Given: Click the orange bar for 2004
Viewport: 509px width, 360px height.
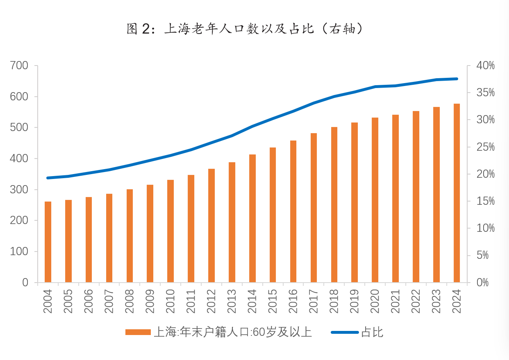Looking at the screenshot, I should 48,242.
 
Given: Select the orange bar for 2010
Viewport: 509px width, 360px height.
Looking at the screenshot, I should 170,231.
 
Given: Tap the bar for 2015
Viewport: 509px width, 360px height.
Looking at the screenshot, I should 273,215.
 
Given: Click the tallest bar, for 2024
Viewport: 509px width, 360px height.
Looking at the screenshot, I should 457,193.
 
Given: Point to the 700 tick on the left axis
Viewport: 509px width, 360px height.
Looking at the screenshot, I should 19,66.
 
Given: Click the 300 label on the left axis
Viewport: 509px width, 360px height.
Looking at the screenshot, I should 19,190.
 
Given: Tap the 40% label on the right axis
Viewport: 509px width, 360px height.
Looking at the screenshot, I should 485,66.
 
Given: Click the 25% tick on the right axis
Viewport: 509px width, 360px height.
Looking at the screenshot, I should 485,147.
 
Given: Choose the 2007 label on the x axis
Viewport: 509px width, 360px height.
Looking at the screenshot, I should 109,301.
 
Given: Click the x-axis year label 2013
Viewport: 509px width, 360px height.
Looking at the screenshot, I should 232,301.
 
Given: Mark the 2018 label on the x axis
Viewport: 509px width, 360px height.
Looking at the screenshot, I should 334,301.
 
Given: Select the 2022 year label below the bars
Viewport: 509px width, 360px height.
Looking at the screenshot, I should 416,301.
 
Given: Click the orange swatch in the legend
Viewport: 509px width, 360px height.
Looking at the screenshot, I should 138,332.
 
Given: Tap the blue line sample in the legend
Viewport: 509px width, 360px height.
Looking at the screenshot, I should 345,332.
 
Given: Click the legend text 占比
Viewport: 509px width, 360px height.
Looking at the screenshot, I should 372,332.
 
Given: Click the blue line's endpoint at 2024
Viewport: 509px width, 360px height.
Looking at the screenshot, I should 457,79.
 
